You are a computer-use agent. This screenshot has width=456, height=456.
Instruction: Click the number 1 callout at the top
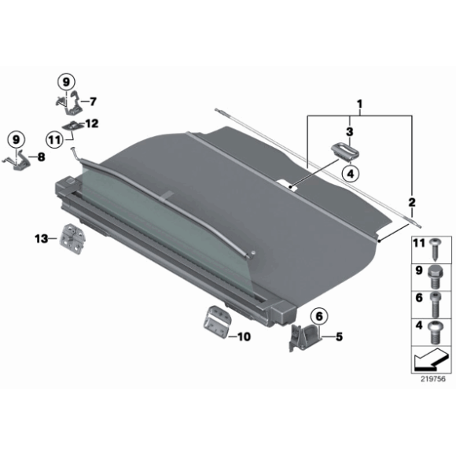click(360, 104)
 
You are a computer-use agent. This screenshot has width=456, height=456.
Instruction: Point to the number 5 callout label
click(339, 339)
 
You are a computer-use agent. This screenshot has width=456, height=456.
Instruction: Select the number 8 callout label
click(42, 157)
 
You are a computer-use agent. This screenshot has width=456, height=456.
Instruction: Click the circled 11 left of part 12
click(53, 140)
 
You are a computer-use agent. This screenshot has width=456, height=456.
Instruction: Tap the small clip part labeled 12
click(76, 125)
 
